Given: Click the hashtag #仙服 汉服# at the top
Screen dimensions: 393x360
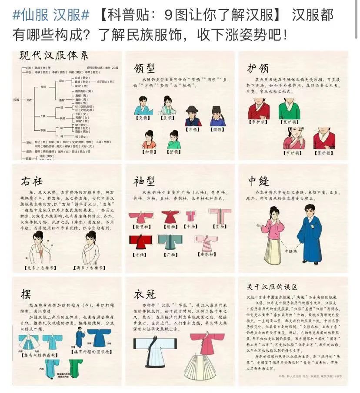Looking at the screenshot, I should (x=51, y=15).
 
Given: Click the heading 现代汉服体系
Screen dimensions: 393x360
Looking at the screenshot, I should (x=53, y=56).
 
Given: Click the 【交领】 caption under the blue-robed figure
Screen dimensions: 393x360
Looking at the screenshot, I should (x=143, y=117).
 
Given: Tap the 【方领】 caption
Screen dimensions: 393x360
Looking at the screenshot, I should (x=192, y=129).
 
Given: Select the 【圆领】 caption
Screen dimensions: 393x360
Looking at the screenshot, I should (x=217, y=129).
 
